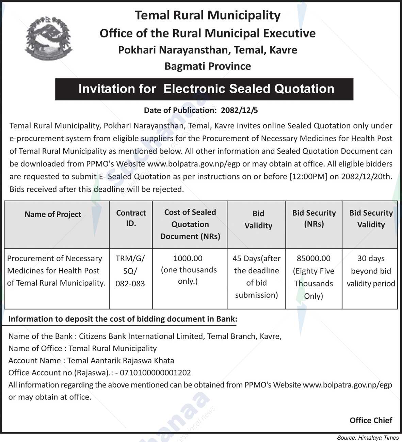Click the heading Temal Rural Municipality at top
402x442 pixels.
point(208,15)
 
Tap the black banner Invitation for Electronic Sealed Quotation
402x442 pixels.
point(204,89)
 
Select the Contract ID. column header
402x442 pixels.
point(131,218)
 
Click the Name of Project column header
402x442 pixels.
point(53,215)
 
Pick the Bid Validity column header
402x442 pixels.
point(258,220)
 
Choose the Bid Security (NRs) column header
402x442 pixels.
point(314,218)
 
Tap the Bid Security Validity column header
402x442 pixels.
point(371,219)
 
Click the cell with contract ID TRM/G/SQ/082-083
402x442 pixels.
point(130,271)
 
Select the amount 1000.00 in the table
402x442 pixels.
point(188,258)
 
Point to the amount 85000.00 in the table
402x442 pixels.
point(313,258)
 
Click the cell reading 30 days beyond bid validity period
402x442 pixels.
point(371,271)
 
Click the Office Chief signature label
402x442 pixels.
point(371,420)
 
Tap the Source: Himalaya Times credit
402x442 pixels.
point(368,438)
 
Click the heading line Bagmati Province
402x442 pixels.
point(208,66)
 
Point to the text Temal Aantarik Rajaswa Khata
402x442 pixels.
point(120,360)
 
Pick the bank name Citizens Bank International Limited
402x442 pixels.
point(141,336)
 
